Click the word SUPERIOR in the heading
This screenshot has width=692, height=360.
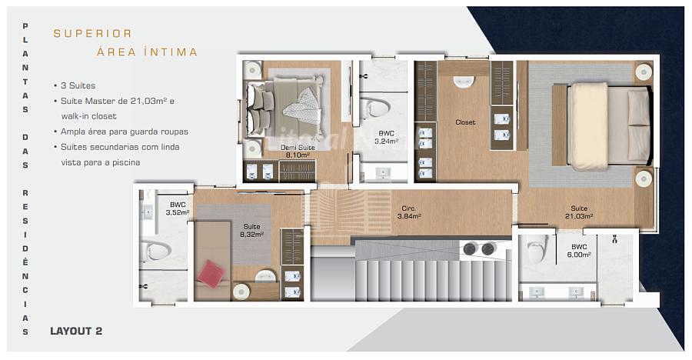[93, 34]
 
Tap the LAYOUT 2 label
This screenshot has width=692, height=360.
[76, 331]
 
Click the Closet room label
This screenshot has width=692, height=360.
[466, 122]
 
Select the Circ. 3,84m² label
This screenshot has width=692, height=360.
[409, 212]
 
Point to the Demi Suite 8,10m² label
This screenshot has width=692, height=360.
[298, 151]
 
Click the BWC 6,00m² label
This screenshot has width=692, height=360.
[579, 251]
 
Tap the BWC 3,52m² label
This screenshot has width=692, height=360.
[178, 209]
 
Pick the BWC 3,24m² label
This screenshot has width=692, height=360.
[387, 138]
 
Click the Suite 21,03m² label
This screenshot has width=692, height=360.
[579, 212]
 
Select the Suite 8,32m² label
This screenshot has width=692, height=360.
[252, 231]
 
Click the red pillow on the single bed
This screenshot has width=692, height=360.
[211, 274]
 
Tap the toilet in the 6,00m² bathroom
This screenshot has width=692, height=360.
[537, 248]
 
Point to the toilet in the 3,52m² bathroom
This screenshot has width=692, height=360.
[155, 251]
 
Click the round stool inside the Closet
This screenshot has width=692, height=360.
[464, 82]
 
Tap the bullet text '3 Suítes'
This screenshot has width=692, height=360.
[78, 85]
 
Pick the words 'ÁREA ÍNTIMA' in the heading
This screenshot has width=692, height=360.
[148, 52]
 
